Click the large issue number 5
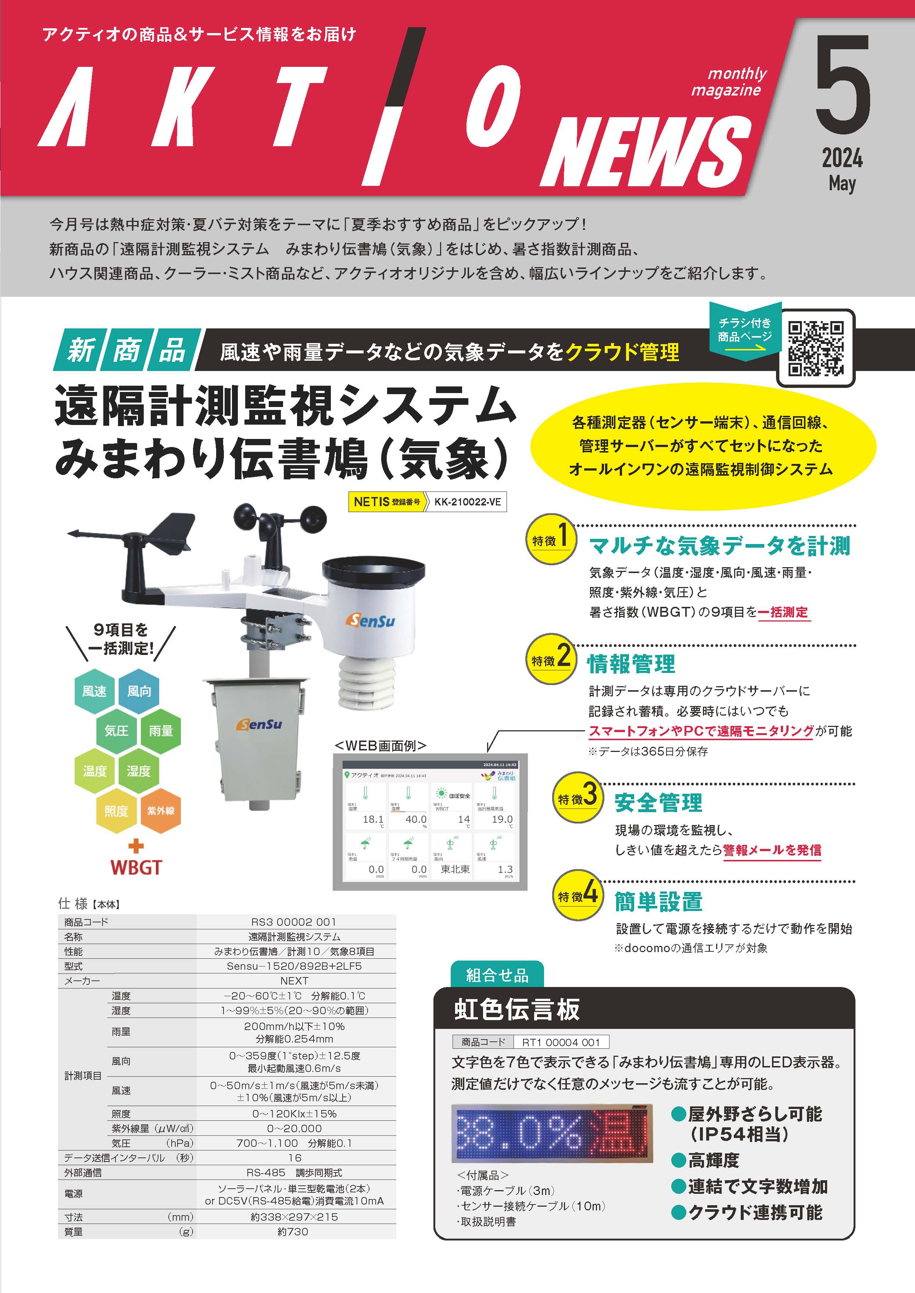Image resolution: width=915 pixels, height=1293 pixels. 842,84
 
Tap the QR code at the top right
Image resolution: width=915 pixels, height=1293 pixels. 815,348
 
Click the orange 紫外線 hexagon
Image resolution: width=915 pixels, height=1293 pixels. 161,811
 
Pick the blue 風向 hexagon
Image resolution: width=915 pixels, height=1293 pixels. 139,691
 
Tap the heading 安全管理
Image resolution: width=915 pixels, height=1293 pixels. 658,803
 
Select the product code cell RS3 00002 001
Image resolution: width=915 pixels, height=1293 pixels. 294,922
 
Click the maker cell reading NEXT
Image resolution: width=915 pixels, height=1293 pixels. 294,980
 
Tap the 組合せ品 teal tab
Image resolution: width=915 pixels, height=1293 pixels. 497,975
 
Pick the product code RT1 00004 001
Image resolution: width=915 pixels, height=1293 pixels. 561,1042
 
